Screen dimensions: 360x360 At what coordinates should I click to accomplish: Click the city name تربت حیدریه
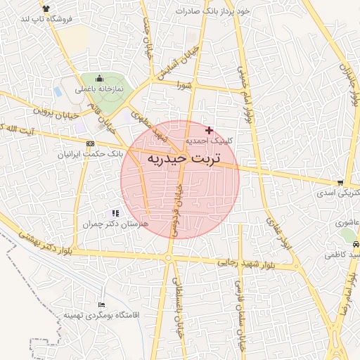click(184, 160)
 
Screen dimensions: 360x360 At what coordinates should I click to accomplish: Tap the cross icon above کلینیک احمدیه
click(209, 130)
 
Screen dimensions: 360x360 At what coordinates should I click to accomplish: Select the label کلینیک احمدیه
click(209, 141)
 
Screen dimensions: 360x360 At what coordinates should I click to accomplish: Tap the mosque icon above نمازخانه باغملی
click(99, 79)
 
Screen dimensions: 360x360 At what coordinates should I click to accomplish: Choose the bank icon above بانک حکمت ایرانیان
click(89, 143)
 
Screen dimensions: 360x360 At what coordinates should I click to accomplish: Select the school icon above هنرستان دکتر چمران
click(115, 213)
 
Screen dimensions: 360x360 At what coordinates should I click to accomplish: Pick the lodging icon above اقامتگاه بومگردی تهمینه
click(103, 305)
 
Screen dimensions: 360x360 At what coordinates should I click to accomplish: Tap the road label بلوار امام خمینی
click(244, 91)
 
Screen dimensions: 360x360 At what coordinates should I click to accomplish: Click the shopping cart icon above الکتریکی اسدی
click(341, 181)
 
